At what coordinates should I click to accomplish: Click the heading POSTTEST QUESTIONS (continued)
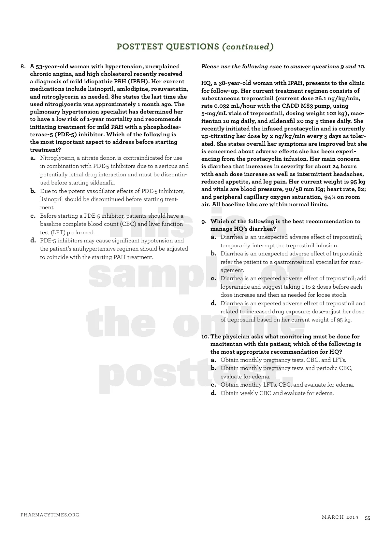point(195,47)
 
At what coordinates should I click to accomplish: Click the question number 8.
point(23,66)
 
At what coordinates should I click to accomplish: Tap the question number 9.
point(204,222)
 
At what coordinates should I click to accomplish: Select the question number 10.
point(205,336)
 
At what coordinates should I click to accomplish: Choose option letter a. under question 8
point(33,158)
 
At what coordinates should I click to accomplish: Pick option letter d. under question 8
point(33,241)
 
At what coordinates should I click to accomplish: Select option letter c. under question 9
point(213,279)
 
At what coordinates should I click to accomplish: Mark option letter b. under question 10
point(213,368)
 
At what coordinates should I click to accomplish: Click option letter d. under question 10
point(213,393)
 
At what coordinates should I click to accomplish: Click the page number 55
point(367,518)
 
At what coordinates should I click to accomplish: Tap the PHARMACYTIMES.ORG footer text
point(50,515)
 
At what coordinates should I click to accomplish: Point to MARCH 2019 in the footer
point(340,517)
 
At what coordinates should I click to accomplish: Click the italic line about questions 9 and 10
point(283,66)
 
